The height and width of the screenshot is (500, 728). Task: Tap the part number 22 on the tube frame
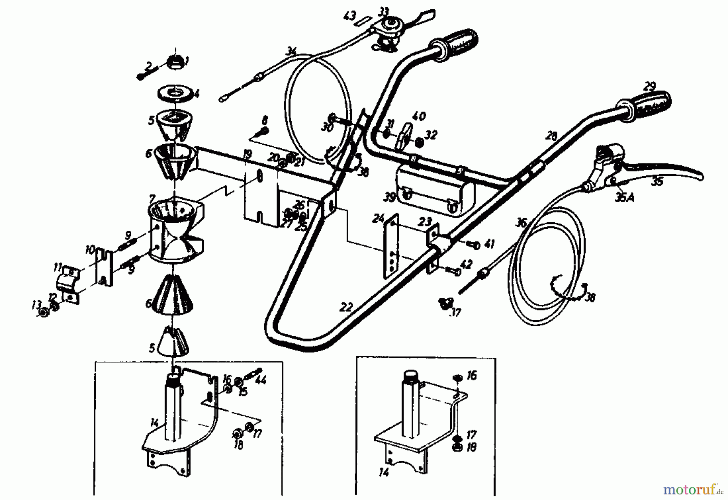[x=346, y=307]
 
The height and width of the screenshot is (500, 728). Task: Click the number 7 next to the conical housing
[x=152, y=199]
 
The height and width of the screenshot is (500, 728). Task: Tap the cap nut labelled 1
[x=176, y=62]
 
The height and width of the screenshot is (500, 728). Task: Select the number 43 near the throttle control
[x=349, y=17]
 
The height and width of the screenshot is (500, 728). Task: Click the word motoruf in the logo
[x=688, y=490]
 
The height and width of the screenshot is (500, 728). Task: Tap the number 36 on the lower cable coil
[x=522, y=222]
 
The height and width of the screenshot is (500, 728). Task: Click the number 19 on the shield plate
[x=248, y=154]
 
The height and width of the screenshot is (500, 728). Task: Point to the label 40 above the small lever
[x=419, y=116]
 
